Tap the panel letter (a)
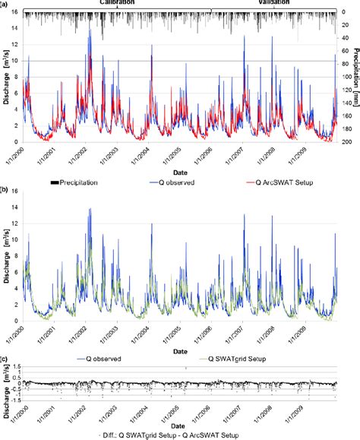(x=6, y=4)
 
